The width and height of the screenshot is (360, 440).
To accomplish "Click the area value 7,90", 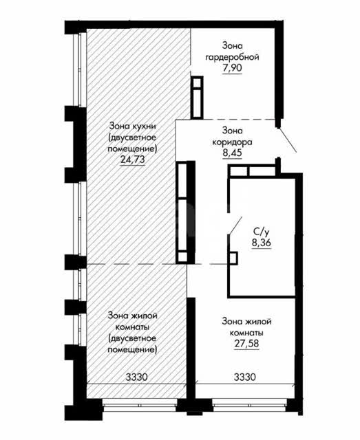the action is [232, 68].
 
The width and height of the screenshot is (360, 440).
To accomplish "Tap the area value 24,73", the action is [132, 159].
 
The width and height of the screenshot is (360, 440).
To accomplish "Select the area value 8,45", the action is [232, 153].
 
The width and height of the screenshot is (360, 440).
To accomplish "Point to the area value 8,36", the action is [262, 243].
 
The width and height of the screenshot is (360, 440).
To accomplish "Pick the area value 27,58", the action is [246, 344].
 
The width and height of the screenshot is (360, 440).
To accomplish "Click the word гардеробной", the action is [232, 57].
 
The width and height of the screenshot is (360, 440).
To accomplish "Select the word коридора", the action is [232, 142].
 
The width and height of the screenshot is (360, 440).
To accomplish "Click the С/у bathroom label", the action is [262, 232].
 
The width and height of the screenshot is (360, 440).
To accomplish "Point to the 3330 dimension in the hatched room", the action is [136, 377].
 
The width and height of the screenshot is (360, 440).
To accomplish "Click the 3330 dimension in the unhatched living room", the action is [245, 377].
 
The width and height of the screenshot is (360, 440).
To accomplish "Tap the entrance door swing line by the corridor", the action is [287, 140].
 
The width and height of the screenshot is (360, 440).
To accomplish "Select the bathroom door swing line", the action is [235, 225].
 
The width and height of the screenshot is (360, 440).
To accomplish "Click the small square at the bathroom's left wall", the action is [233, 258].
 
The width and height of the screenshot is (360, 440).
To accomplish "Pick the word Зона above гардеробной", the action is [232, 45].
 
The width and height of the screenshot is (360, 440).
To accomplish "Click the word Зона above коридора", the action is [232, 131].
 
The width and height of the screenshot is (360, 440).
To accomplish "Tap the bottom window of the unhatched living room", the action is [250, 406].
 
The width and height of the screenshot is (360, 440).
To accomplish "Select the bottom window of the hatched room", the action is [140, 406].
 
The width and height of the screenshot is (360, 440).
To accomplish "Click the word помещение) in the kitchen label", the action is [132, 148].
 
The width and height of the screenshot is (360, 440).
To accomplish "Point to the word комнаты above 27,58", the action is [246, 333].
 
